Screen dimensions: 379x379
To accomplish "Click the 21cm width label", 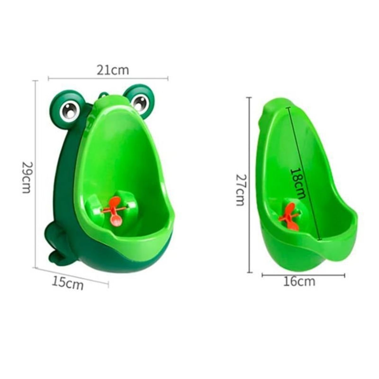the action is pos(113,70).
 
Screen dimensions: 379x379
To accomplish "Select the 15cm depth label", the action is pos(68,283).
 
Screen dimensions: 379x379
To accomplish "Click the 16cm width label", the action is pos(299,281).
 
